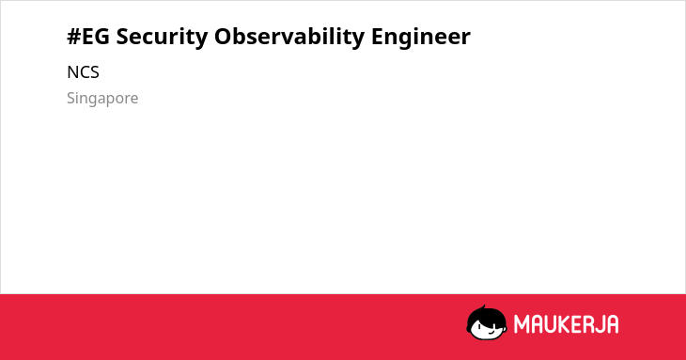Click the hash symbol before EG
[x=73, y=37]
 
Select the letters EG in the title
[x=95, y=37]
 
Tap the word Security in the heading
[x=162, y=38]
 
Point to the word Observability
[x=289, y=38]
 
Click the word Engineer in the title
[x=421, y=38]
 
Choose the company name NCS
[x=83, y=72]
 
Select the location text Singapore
[x=102, y=99]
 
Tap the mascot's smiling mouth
[x=491, y=332]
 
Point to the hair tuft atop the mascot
[x=483, y=307]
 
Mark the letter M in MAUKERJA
[x=522, y=324]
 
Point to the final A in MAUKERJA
[x=612, y=324]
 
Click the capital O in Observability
[x=223, y=37]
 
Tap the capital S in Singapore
[x=71, y=98]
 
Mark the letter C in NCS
[x=84, y=72]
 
